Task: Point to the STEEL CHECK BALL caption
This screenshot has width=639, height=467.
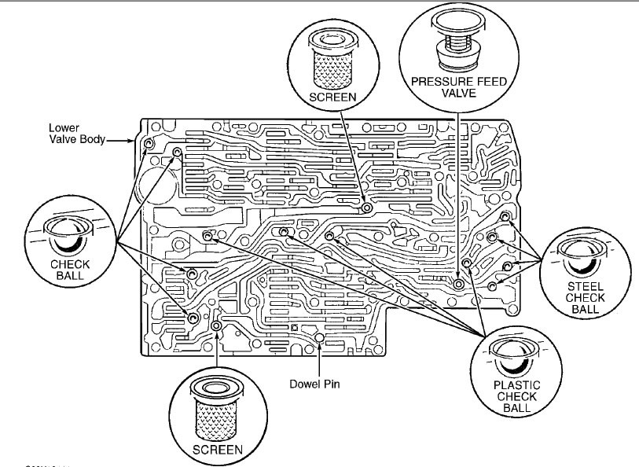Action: (586, 297)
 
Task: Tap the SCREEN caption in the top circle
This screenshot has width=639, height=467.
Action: (332, 97)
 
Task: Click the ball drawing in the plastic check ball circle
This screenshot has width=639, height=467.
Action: (515, 355)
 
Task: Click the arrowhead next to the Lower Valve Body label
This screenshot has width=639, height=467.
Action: (134, 142)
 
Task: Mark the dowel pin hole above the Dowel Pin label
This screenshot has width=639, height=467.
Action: (319, 338)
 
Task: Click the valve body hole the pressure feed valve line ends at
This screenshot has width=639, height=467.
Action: (459, 283)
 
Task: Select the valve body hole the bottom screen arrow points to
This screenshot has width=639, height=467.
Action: (217, 325)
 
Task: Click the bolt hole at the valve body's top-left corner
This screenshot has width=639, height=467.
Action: (149, 144)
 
